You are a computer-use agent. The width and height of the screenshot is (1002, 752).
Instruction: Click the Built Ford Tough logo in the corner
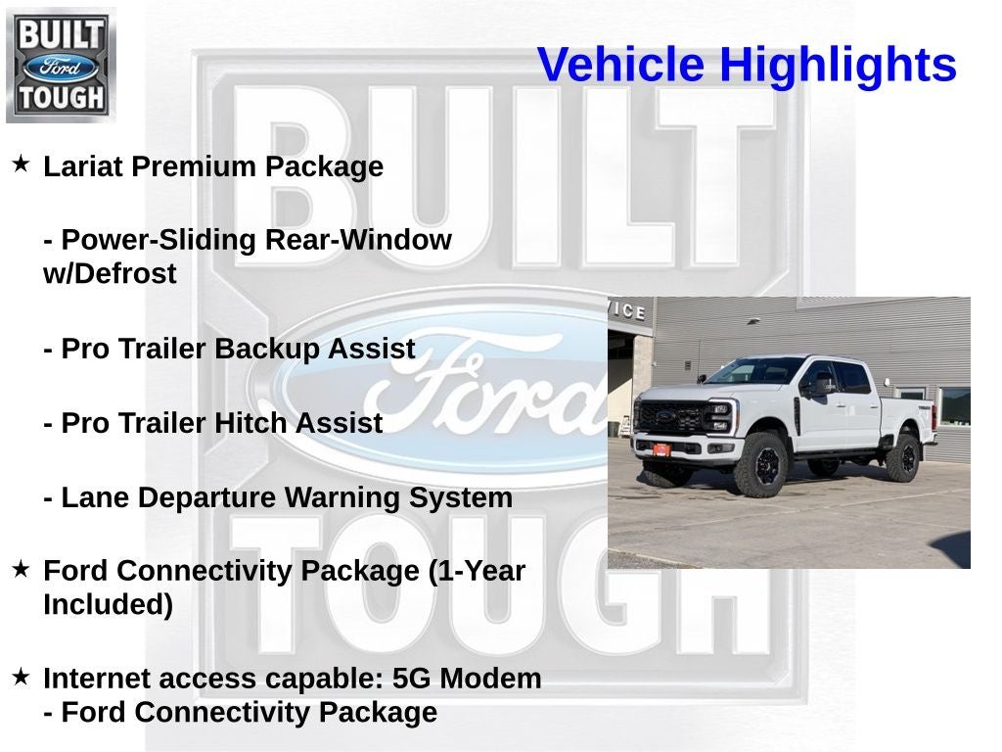pyautogui.click(x=61, y=66)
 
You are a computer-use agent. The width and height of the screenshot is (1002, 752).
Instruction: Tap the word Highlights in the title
pyautogui.click(x=838, y=65)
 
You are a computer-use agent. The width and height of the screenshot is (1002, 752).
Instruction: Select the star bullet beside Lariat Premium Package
pyautogui.click(x=21, y=164)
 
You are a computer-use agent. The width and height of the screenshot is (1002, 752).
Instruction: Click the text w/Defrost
pyautogui.click(x=110, y=274)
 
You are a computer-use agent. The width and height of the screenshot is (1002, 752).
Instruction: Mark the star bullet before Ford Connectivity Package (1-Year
pyautogui.click(x=21, y=569)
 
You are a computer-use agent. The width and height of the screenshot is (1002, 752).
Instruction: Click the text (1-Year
pyautogui.click(x=477, y=571)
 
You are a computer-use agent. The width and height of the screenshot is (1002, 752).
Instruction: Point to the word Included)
pyautogui.click(x=108, y=605)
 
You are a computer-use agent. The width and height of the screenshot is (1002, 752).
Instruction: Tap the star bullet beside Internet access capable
pyautogui.click(x=21, y=677)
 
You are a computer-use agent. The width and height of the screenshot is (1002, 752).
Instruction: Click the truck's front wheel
pyautogui.click(x=764, y=464)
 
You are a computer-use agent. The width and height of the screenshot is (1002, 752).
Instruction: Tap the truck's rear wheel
pyautogui.click(x=902, y=457)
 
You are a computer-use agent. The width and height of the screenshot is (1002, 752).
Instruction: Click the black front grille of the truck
pyautogui.click(x=670, y=416)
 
